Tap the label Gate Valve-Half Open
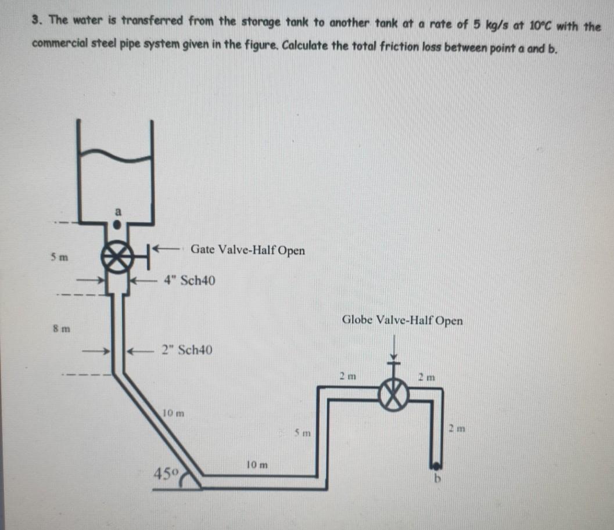(x=247, y=250)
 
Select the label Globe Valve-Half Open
(x=402, y=320)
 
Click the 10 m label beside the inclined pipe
(x=173, y=414)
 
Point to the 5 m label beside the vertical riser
(x=304, y=434)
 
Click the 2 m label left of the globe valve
(x=347, y=377)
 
